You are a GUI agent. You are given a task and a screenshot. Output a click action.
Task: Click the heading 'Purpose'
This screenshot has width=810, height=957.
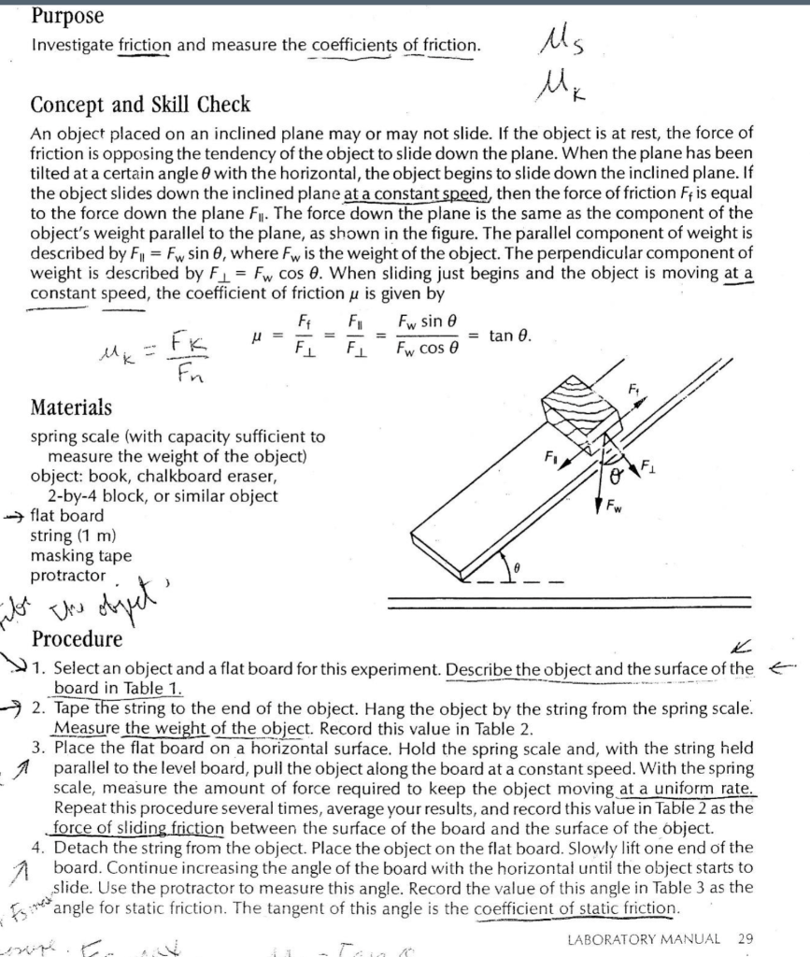pos(66,16)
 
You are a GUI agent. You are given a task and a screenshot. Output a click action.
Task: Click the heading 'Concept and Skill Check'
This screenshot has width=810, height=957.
pos(140,104)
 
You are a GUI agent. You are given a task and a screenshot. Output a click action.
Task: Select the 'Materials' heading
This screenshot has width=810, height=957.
pos(71,407)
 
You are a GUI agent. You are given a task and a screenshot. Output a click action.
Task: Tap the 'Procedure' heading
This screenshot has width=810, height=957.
pos(77,639)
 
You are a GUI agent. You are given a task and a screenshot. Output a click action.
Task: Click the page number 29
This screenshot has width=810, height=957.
pos(745,937)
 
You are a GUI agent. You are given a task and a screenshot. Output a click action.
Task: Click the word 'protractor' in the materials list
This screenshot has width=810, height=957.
pos(68,576)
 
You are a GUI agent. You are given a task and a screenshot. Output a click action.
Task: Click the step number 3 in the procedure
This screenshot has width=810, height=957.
pos(38,748)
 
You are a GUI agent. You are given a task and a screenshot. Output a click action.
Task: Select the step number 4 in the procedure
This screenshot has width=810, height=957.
pos(38,848)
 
